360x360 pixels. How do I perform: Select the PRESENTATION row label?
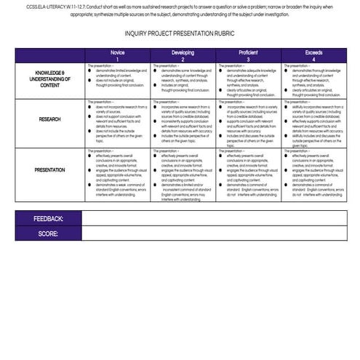50,170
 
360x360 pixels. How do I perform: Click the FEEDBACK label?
48,219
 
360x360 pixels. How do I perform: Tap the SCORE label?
48,233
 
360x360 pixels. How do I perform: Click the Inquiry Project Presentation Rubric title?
179,33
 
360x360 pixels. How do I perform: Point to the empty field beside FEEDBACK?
215,219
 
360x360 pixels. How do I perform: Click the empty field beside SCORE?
215,233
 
